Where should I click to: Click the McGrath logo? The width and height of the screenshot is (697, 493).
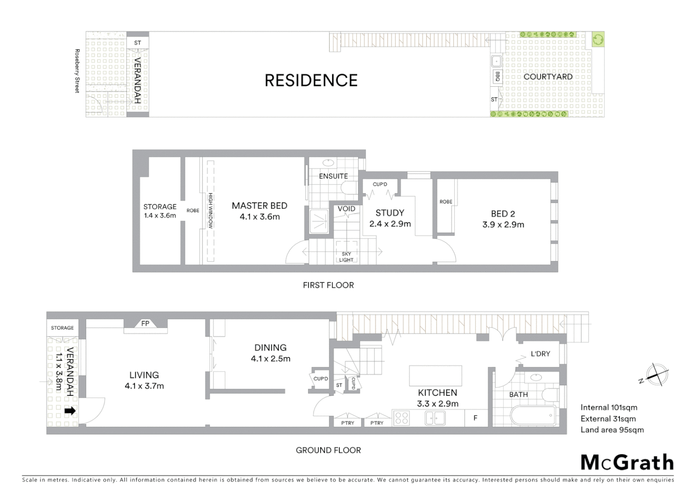(x=627, y=462)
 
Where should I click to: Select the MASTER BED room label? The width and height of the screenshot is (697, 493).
(x=260, y=211)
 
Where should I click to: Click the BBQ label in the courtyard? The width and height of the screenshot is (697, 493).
(x=497, y=76)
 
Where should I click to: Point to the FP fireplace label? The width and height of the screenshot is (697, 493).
(x=145, y=324)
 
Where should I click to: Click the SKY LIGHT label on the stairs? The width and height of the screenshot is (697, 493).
(x=346, y=257)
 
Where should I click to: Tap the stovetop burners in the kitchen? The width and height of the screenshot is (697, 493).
(x=401, y=418)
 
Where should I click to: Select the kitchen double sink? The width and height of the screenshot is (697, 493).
(x=435, y=418)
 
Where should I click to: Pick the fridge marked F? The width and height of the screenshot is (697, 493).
(x=475, y=418)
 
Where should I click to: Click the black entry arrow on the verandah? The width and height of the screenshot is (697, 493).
(x=70, y=411)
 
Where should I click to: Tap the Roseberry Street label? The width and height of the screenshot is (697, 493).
(x=77, y=71)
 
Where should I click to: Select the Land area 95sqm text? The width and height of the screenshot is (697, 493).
(x=612, y=430)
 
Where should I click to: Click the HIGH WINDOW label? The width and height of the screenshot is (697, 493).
(x=211, y=211)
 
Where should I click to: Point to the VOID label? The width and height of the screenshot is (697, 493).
(x=346, y=209)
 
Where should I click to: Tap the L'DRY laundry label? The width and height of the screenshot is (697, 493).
(x=540, y=354)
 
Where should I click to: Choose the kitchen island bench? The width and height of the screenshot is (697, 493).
(x=435, y=376)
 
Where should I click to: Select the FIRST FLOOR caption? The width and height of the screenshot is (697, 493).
(x=328, y=285)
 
